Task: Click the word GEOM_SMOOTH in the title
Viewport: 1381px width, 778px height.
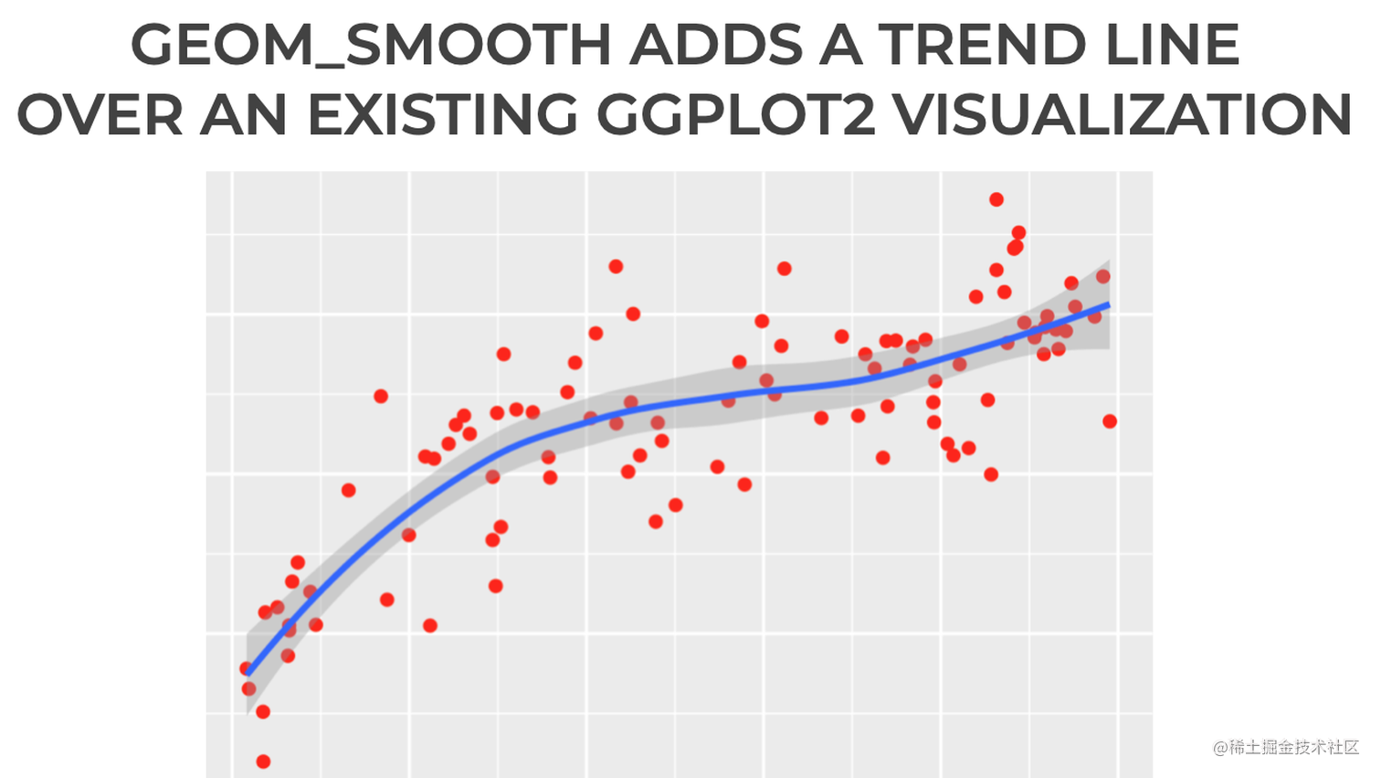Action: click(x=370, y=44)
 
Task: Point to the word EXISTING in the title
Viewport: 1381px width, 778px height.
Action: click(x=442, y=115)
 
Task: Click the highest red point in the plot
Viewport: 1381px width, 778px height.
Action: click(x=996, y=199)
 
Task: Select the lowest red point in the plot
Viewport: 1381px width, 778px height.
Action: click(x=263, y=762)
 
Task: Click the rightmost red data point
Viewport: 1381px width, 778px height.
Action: click(x=1110, y=421)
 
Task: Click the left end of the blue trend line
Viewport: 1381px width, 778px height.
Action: click(x=249, y=674)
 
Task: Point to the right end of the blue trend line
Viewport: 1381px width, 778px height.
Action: click(x=1108, y=304)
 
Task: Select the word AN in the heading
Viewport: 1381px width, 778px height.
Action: click(x=246, y=115)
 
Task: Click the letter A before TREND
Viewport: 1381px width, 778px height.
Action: click(x=840, y=44)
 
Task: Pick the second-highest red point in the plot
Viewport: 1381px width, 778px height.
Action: click(x=1018, y=232)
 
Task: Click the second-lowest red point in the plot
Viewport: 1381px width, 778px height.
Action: click(x=263, y=711)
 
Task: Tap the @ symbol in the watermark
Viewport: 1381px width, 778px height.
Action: click(x=1220, y=748)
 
